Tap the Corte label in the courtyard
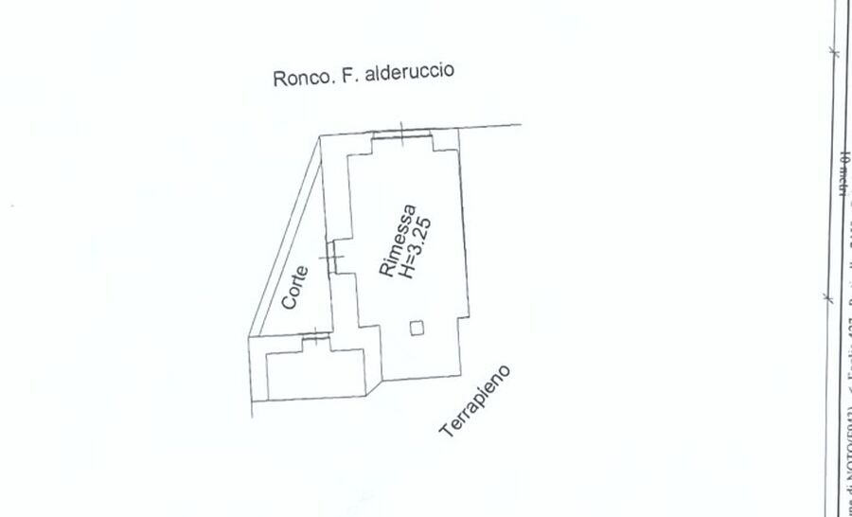point(294,287)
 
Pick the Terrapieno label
point(476,401)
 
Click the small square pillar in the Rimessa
point(417,328)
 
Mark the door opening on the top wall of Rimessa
point(402,134)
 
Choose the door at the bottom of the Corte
point(313,339)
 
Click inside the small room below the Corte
point(315,374)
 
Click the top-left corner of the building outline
point(320,136)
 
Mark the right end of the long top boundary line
point(521,124)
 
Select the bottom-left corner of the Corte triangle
point(250,338)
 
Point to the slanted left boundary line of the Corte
point(284,237)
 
